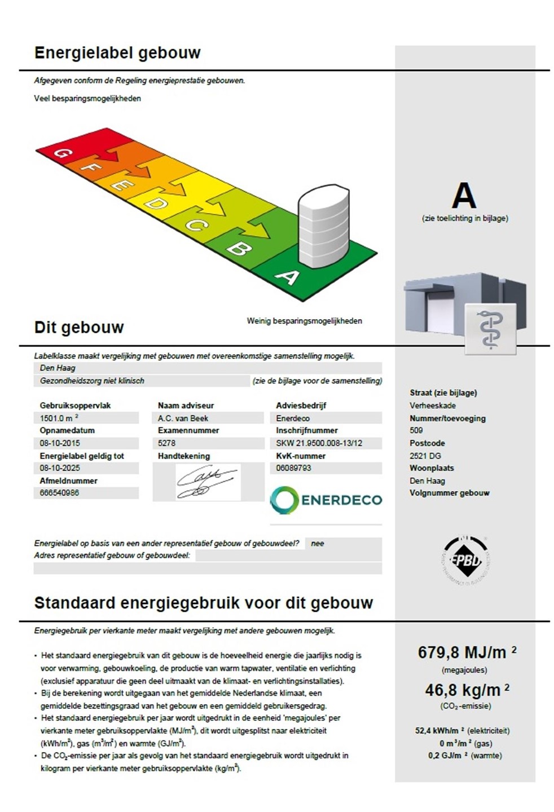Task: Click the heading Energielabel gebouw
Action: coord(117,53)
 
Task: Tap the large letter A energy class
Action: coord(464,196)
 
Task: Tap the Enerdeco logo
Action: coord(326,500)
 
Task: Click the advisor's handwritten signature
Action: coord(206,482)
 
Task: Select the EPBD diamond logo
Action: coord(465,559)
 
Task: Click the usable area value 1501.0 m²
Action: coord(59,418)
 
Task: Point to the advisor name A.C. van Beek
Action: coord(183,418)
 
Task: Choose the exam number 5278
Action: coord(167,443)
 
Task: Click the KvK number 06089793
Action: coord(293,468)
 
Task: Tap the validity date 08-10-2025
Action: coord(60,468)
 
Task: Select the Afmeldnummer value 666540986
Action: coord(60,493)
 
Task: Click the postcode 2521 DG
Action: coord(425,456)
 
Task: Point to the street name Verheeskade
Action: coord(433,405)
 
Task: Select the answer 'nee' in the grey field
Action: coord(318,544)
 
